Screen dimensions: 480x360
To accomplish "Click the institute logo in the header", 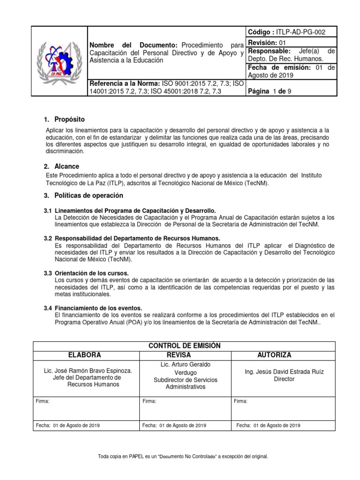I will click(60, 61).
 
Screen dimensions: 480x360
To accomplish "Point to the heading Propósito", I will click(69, 119).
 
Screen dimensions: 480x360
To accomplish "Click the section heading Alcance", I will click(67, 166).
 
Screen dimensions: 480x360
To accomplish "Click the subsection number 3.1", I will click(48, 211).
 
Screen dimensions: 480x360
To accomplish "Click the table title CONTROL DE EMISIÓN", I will click(184, 346).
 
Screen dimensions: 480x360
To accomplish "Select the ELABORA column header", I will click(85, 355).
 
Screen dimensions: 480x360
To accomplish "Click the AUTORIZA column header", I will click(274, 355).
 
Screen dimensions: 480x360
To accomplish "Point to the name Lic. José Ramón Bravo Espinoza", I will click(88, 371).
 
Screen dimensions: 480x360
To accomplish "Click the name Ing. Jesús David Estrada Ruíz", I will click(284, 372).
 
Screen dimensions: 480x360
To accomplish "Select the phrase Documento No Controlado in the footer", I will click(190, 457).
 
